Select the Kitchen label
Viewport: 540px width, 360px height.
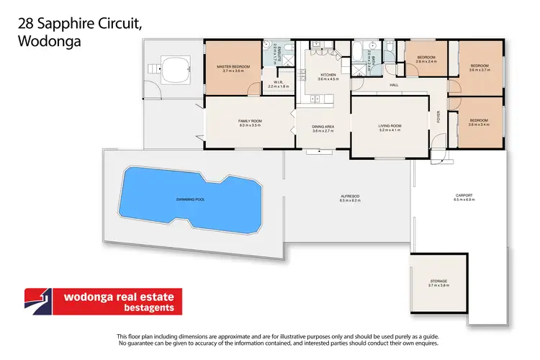coord(328,74)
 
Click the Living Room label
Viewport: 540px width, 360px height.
coord(390,126)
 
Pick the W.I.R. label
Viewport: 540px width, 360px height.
coord(278,82)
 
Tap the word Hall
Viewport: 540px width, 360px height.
coord(394,85)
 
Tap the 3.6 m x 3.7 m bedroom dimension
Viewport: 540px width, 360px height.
coord(480,70)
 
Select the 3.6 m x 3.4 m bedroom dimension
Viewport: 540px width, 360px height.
coord(479,125)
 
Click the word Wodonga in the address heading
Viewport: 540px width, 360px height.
coord(46,41)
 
